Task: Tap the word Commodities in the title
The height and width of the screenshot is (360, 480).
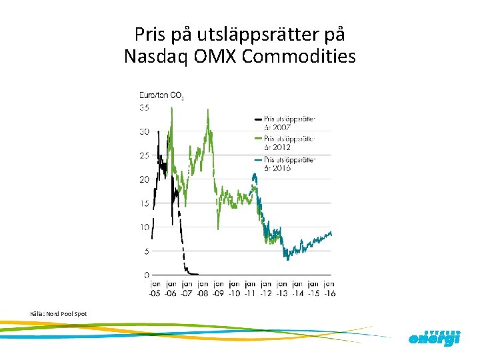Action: tap(299, 57)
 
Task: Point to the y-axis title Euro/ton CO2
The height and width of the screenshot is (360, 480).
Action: tap(161, 96)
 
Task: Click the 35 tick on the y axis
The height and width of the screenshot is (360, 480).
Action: tap(144, 107)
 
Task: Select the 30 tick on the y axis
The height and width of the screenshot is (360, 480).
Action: tap(144, 131)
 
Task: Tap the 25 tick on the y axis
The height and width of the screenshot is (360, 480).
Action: tap(144, 155)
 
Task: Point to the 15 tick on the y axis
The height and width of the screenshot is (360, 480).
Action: tap(144, 203)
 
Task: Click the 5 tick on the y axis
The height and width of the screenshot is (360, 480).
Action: tap(146, 251)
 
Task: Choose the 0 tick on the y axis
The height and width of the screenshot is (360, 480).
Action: tap(146, 275)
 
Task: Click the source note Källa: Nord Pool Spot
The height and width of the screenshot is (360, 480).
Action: tap(58, 313)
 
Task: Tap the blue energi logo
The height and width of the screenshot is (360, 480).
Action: tap(434, 339)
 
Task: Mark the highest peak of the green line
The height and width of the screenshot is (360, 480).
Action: tap(171, 109)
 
